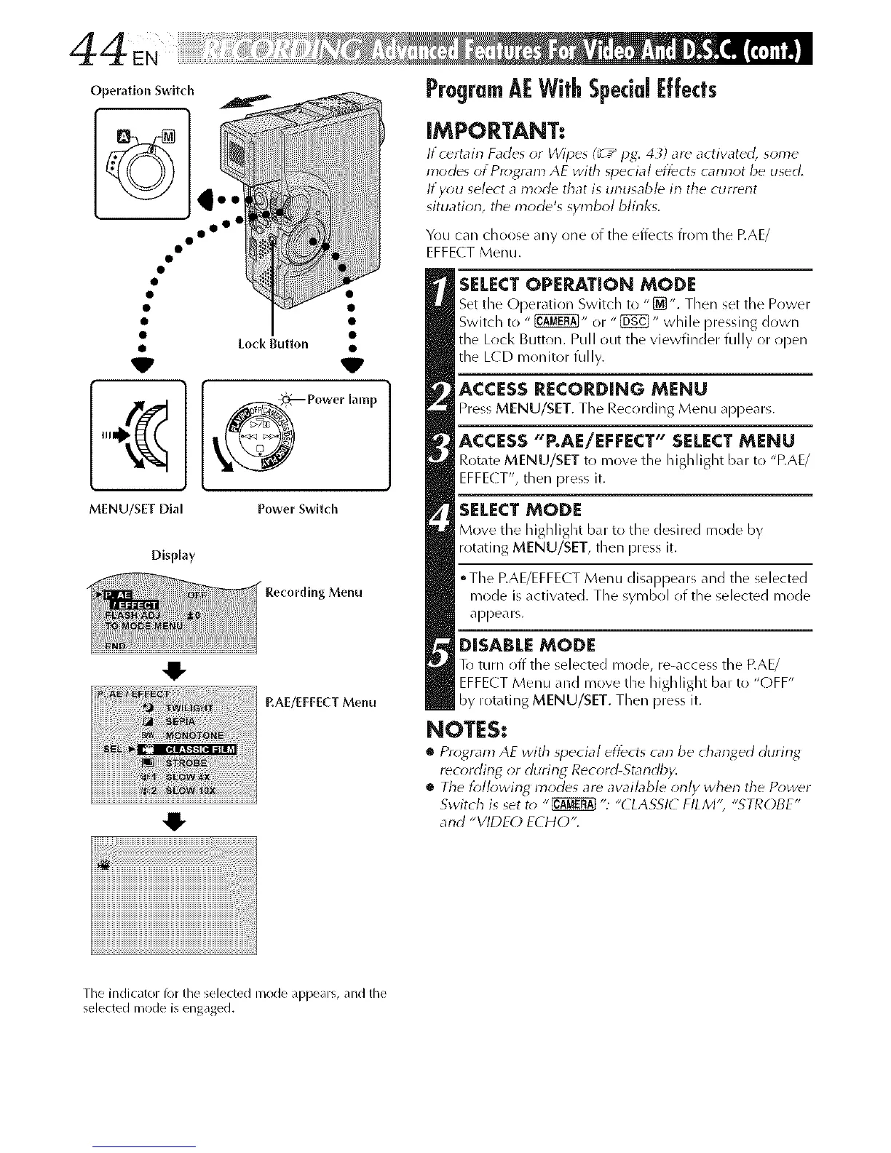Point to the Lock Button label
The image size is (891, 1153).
(x=280, y=344)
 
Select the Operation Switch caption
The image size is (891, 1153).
(x=141, y=92)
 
